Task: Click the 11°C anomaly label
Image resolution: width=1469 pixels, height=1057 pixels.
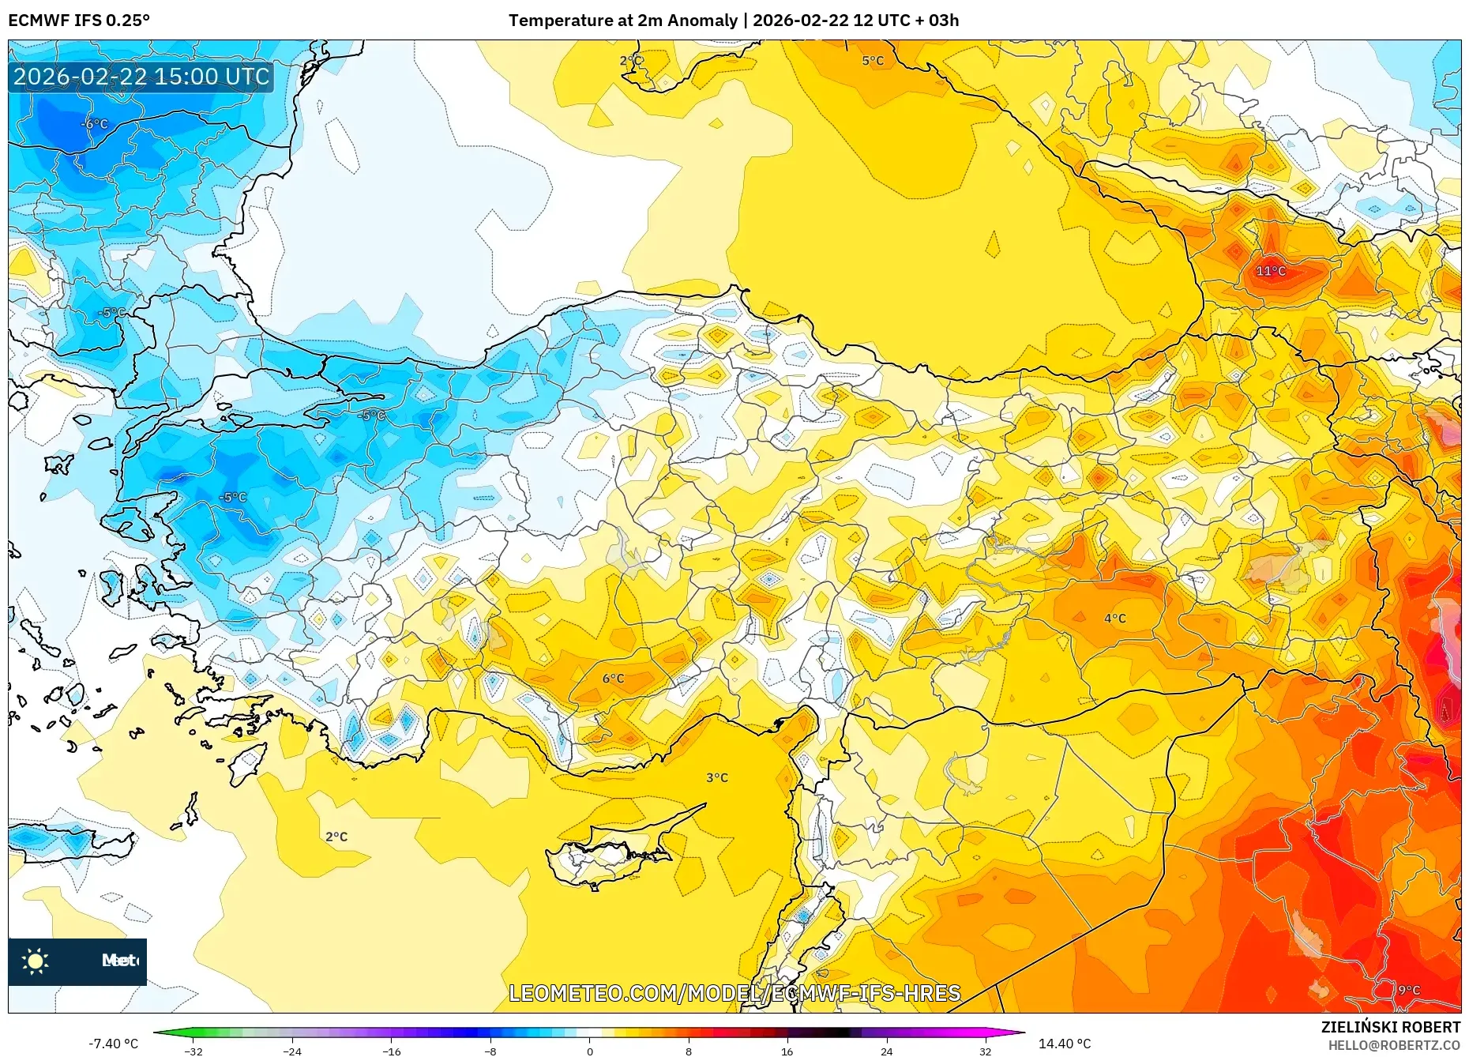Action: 1271,271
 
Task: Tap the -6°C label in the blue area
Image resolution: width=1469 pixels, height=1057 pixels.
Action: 95,124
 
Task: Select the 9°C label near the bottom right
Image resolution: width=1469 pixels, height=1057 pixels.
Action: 1409,990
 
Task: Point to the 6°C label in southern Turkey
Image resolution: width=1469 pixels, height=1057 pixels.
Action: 613,679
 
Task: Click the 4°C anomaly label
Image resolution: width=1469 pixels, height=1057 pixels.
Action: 1115,619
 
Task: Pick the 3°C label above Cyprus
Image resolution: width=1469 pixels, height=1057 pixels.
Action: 717,778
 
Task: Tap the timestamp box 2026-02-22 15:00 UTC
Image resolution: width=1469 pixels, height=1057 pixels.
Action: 141,77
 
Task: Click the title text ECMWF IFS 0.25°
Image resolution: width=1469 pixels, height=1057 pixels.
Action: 79,21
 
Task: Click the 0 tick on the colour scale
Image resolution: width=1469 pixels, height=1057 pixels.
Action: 589,1051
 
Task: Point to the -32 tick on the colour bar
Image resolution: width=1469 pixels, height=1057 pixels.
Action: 193,1051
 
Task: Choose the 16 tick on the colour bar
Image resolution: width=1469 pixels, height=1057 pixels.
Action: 787,1051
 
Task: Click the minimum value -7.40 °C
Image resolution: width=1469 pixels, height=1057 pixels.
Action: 113,1044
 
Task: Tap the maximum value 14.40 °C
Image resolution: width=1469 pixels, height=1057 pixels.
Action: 1064,1044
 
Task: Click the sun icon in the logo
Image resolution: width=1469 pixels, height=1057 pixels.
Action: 36,961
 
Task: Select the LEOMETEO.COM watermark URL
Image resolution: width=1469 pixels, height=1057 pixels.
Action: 734,993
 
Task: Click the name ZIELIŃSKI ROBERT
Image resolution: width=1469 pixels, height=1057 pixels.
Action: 1390,1027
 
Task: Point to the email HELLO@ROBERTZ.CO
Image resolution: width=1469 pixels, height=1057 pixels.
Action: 1393,1045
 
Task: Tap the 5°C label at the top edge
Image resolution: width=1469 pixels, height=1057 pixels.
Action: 873,61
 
